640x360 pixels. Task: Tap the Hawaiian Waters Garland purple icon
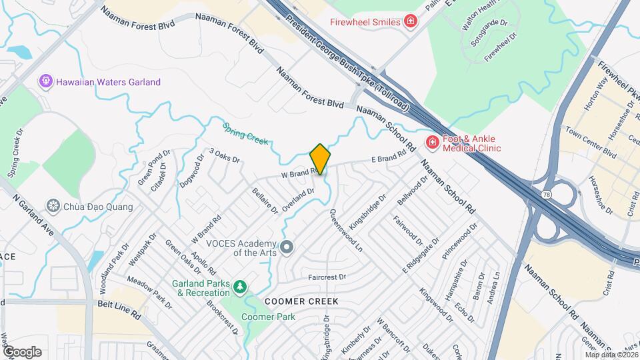[45, 82]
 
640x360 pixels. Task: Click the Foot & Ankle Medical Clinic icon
[433, 143]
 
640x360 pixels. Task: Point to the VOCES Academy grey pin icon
[287, 248]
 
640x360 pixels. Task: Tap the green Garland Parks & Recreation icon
[239, 287]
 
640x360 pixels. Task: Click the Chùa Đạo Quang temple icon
[54, 207]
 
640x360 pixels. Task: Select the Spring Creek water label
[245, 133]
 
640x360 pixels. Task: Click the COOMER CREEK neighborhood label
[301, 301]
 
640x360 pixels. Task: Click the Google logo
[22, 351]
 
